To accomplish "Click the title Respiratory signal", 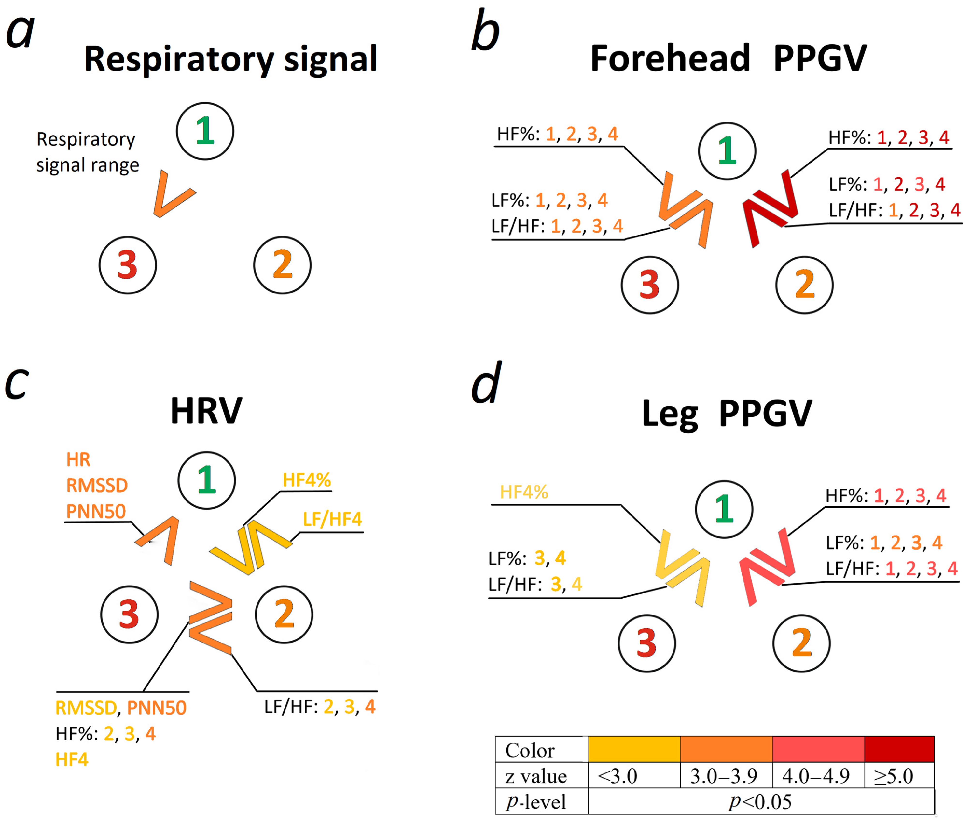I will [x=230, y=59].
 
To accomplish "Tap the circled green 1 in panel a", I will [x=205, y=131].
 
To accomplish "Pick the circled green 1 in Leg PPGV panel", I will [x=724, y=509].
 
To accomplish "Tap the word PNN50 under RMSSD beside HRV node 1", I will [x=96, y=511].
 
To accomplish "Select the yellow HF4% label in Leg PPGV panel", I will [x=524, y=492].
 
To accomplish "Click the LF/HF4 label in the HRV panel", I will [x=332, y=519].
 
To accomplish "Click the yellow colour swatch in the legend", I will [x=634, y=749].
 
